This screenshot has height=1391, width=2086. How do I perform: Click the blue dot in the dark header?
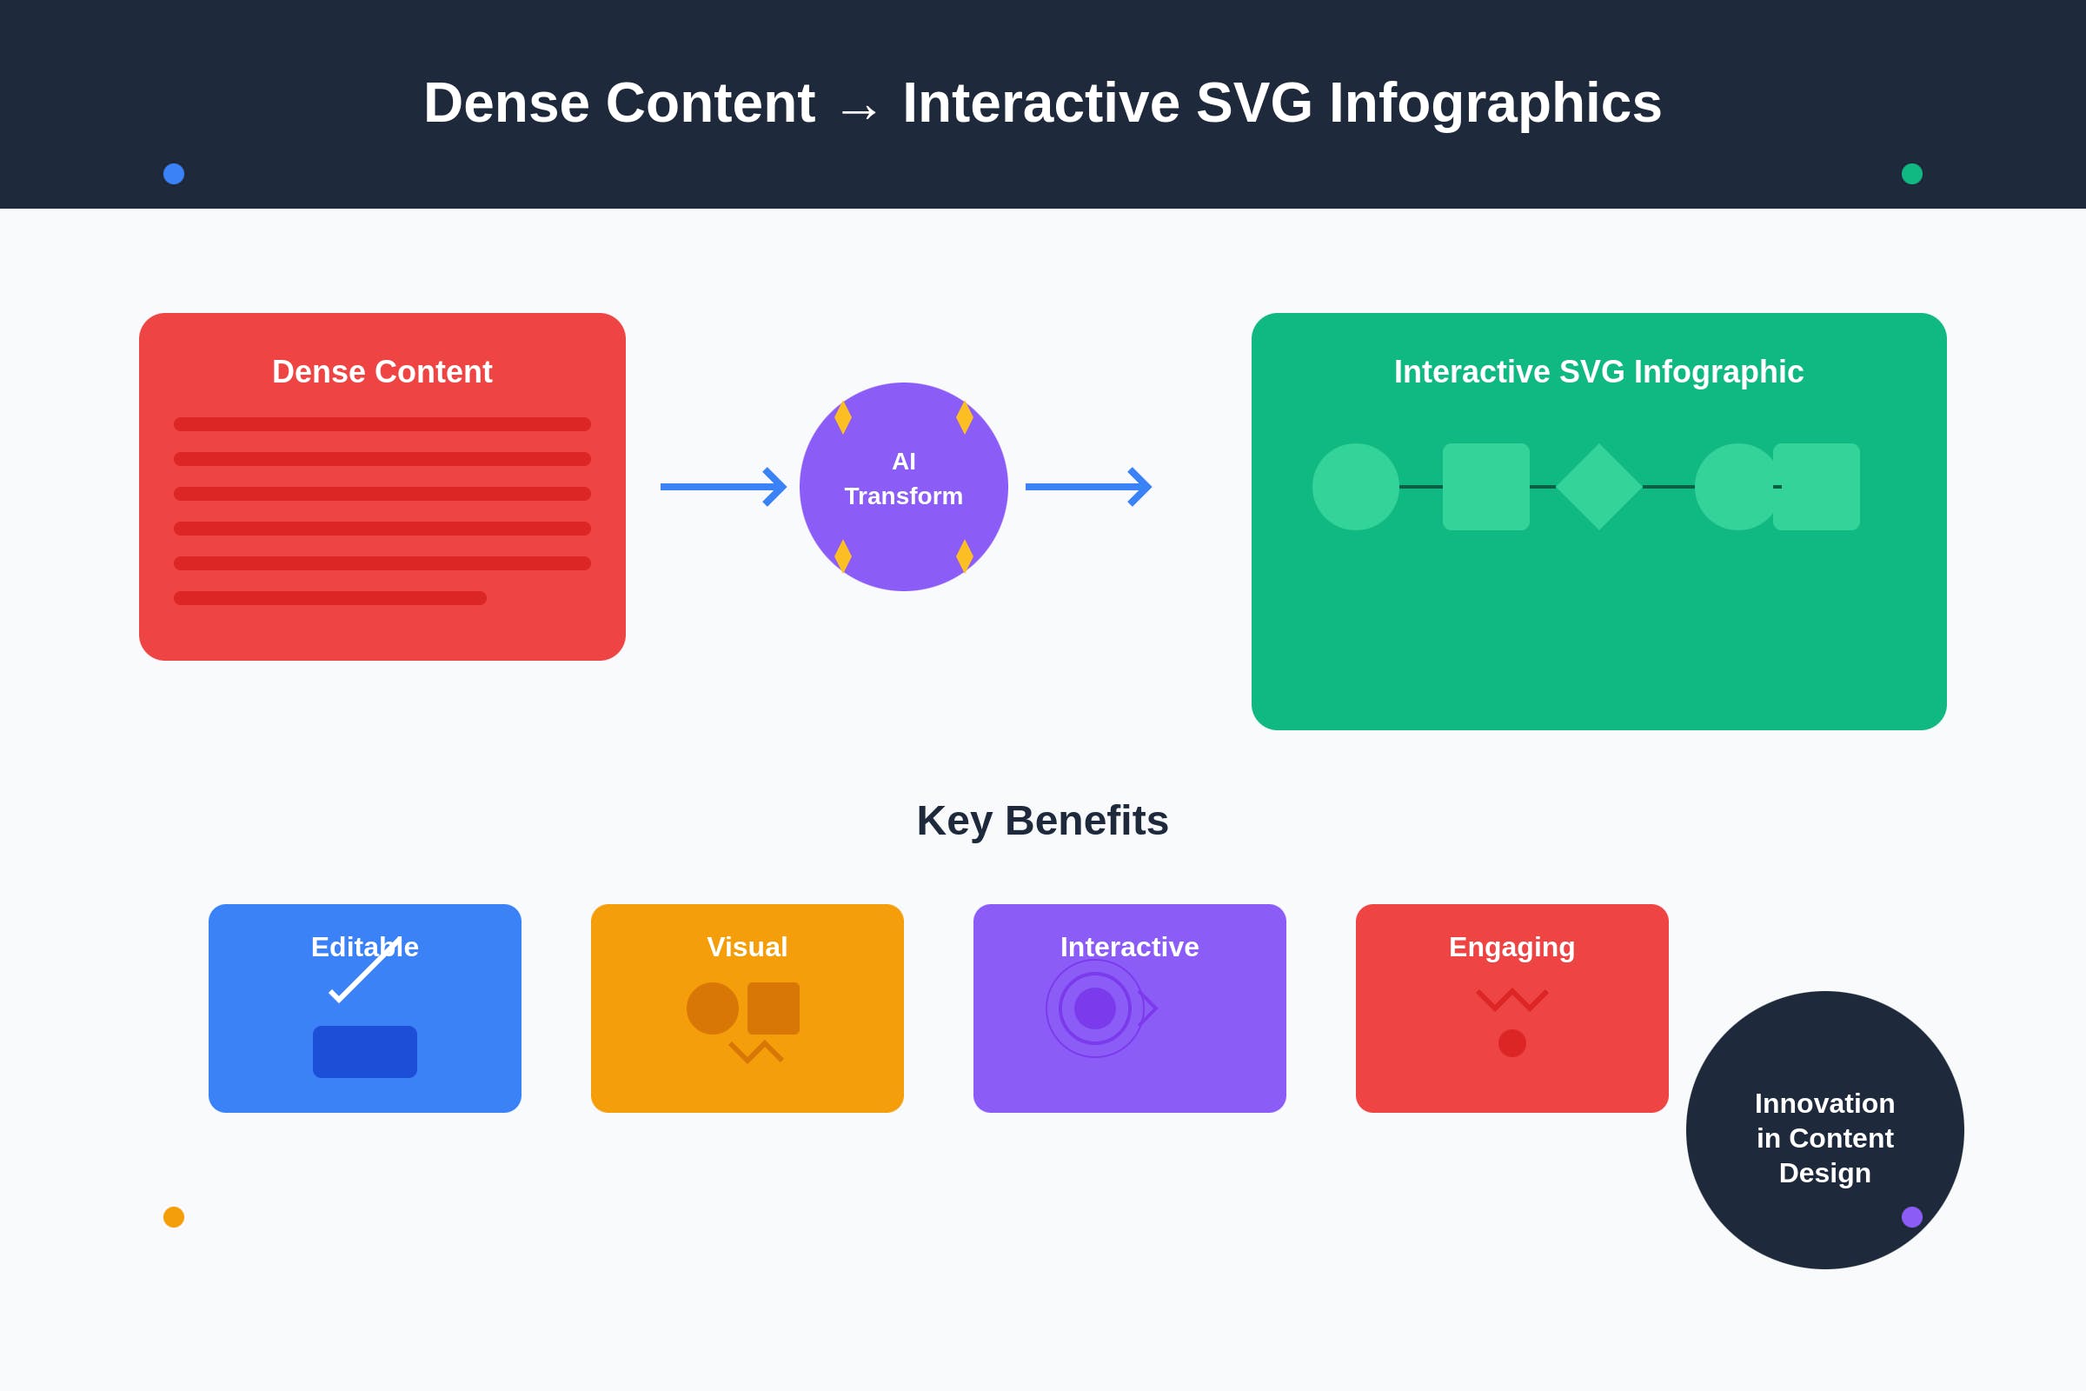174,174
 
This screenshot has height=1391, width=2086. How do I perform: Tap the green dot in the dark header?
1912,174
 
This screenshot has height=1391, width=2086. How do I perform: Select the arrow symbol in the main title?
859,111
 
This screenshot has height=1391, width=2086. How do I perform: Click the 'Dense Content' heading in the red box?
382,372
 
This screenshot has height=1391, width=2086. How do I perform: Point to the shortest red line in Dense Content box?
330,598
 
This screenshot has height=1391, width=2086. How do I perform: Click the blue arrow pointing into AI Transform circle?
724,487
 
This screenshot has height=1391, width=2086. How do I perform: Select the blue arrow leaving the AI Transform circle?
1088,487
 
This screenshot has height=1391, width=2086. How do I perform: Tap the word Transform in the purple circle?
904,496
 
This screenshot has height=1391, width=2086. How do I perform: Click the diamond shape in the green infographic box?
1599,487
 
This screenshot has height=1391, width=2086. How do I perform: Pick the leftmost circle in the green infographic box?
1356,487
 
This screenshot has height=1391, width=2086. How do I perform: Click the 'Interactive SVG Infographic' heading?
1599,372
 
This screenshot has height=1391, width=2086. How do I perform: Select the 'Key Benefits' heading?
1043,821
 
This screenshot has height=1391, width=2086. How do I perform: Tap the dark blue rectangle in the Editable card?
365,1052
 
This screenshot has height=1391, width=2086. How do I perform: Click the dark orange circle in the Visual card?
712,1008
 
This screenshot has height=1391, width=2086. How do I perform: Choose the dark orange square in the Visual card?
774,1008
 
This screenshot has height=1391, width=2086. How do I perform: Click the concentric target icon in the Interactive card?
1095,1008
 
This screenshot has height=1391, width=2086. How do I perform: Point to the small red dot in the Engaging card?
1512,1043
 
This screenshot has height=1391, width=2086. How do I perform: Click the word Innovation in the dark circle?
1825,1103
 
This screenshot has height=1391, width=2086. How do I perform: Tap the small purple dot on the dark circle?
1912,1217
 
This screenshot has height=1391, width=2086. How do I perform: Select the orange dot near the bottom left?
174,1217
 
